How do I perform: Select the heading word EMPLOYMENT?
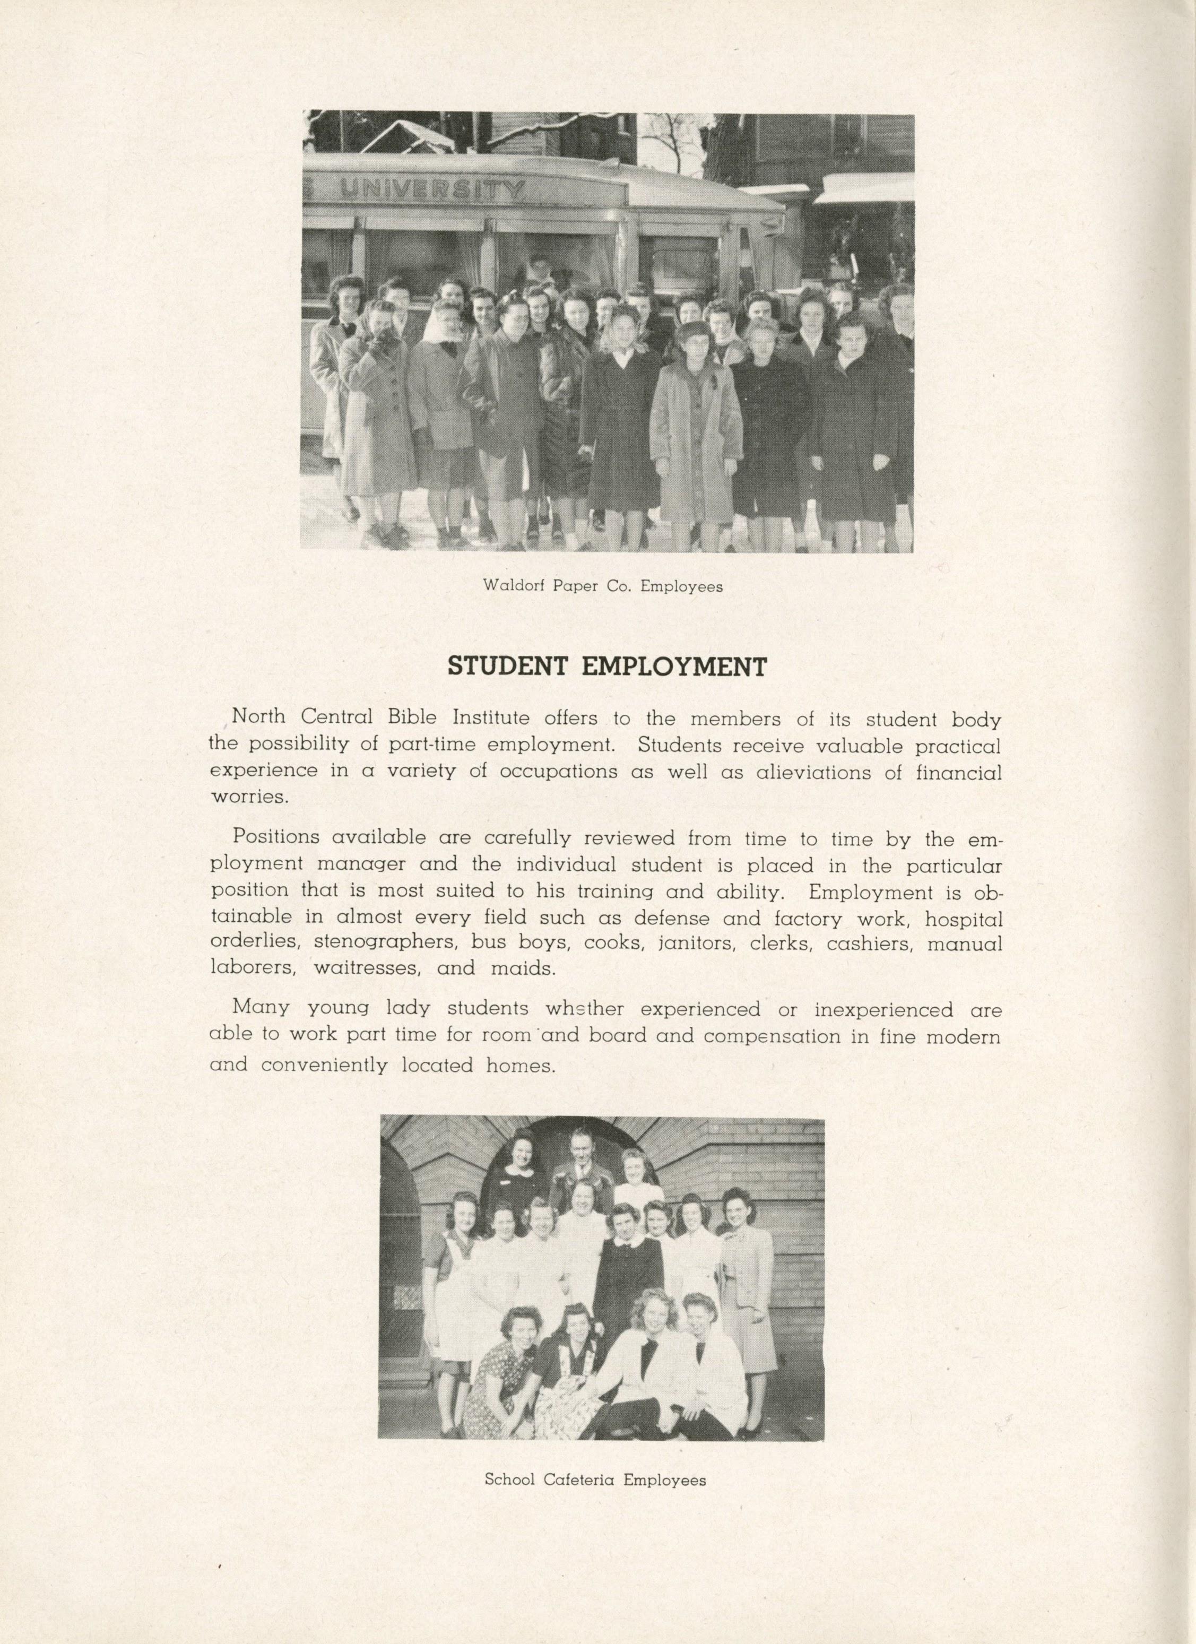coord(674,666)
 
